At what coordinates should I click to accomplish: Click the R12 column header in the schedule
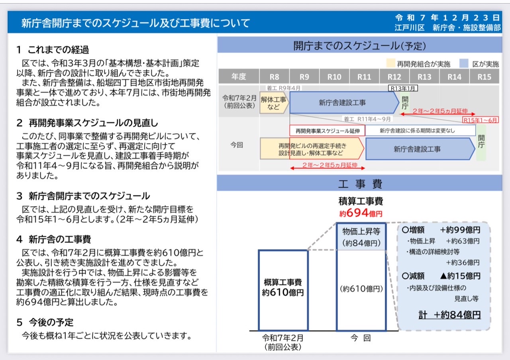(x=394, y=77)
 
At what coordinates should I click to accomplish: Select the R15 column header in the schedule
(x=484, y=77)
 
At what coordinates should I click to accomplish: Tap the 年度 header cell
(x=239, y=77)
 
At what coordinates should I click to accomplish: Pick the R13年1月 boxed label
(x=403, y=88)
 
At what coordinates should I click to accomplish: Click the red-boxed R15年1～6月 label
(x=481, y=120)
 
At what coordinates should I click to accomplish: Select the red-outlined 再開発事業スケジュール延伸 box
(x=328, y=131)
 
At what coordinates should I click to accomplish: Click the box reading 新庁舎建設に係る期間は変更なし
(x=417, y=131)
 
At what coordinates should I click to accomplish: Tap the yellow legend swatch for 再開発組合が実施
(x=391, y=63)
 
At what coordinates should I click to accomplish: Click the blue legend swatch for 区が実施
(x=464, y=63)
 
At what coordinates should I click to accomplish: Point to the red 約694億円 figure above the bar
(x=361, y=213)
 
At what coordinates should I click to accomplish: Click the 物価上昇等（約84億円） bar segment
(x=361, y=237)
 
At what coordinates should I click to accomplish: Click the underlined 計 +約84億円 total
(x=449, y=315)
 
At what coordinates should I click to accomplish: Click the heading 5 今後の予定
(x=45, y=322)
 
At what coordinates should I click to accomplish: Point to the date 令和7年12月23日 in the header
(x=447, y=18)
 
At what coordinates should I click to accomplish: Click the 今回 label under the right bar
(x=361, y=338)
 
